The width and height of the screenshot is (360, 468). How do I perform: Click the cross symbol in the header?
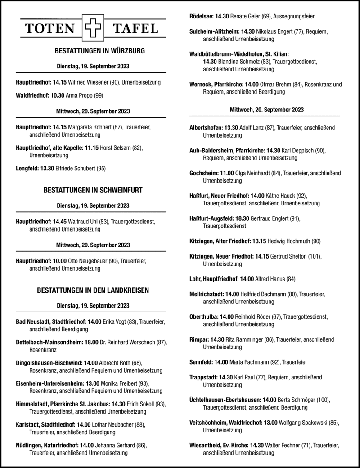click(x=91, y=29)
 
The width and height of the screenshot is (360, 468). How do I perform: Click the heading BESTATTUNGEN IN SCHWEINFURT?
click(x=93, y=191)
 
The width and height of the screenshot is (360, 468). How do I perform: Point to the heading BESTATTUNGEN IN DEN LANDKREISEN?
click(x=93, y=290)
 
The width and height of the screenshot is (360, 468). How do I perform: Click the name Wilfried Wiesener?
click(x=88, y=83)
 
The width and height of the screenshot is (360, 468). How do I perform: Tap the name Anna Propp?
click(x=79, y=95)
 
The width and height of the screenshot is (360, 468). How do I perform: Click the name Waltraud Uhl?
click(x=82, y=222)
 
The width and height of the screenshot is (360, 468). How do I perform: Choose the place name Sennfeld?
click(x=201, y=362)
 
